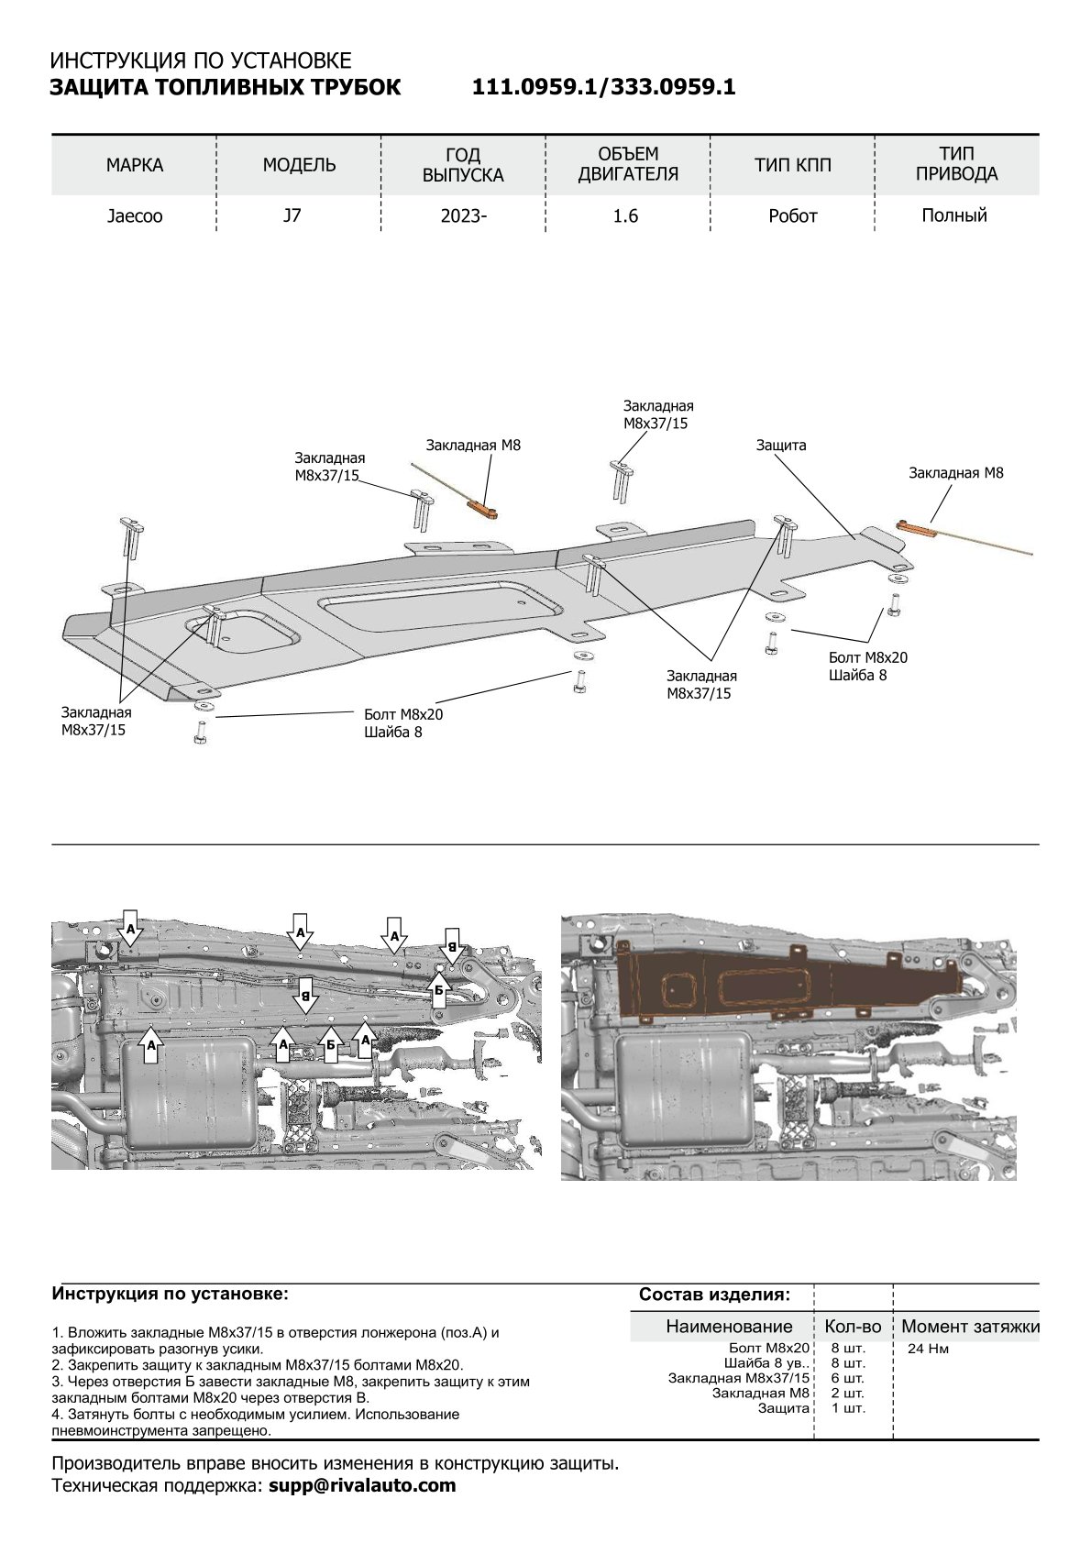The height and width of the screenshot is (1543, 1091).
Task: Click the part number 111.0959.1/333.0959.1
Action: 603,87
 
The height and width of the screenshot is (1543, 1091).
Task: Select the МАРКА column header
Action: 135,165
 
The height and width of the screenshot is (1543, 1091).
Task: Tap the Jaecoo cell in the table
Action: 135,217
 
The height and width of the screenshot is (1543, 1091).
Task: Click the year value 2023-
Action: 463,217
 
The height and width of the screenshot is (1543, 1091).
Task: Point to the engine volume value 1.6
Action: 626,217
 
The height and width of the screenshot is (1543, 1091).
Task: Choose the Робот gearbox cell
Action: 792,217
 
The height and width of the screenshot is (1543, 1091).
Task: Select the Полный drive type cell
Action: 954,216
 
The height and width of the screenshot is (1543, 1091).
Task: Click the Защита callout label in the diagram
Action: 781,446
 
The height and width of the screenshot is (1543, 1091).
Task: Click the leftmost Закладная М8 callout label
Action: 473,446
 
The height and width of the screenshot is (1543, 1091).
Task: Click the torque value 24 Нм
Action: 928,1349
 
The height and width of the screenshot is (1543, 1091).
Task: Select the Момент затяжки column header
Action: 970,1326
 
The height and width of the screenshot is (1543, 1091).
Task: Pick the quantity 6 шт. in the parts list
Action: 847,1378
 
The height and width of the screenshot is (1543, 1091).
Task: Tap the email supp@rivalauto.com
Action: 363,1485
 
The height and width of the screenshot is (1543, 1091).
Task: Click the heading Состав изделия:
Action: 713,1295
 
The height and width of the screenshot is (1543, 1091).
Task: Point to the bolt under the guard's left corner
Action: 199,733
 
